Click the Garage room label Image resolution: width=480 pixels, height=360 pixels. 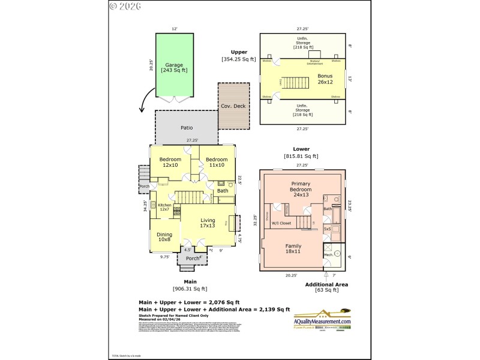(x=174, y=68)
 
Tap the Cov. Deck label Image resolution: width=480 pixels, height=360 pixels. (x=233, y=106)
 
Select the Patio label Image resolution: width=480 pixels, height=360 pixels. (x=186, y=127)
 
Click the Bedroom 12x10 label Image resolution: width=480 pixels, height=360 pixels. (x=170, y=162)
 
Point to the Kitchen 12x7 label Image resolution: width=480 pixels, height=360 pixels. (x=164, y=207)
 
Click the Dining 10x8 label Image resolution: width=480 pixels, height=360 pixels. (x=164, y=237)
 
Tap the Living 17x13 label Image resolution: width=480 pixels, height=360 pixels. (x=208, y=223)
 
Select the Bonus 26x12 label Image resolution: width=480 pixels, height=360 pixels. (x=325, y=79)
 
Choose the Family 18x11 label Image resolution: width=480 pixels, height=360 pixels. (x=293, y=248)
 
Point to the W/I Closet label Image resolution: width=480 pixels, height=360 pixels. (x=281, y=223)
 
